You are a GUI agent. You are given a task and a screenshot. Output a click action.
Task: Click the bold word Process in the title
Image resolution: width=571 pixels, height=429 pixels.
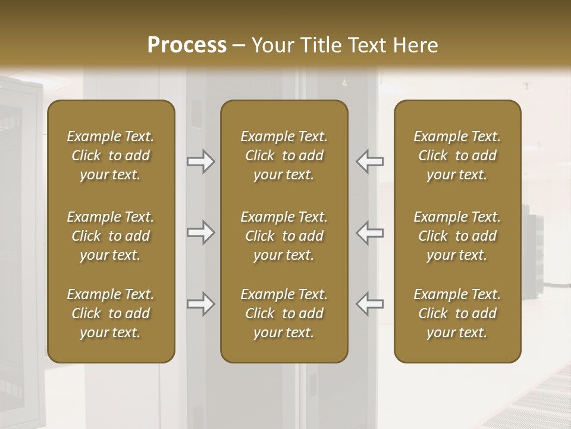point(187,45)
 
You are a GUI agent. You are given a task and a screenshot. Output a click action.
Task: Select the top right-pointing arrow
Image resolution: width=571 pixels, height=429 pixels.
point(200,161)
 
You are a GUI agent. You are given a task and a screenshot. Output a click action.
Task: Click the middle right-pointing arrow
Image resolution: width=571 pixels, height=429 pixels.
point(200,232)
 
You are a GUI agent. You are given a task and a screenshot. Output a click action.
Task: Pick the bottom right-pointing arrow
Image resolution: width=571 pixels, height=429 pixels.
point(200,304)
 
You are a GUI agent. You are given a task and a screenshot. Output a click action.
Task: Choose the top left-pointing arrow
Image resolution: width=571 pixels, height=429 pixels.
point(370,161)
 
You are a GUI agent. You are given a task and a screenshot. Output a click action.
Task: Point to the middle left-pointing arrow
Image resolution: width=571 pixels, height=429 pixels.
point(370,232)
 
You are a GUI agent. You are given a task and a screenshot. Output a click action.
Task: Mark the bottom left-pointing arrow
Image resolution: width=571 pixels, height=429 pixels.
point(370,304)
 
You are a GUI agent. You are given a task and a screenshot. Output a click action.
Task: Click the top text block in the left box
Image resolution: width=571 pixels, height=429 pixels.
point(111,156)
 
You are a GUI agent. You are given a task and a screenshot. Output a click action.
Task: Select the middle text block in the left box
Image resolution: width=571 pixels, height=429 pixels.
point(111,236)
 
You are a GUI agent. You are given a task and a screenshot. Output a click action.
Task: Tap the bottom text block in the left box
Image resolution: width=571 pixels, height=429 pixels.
point(111,313)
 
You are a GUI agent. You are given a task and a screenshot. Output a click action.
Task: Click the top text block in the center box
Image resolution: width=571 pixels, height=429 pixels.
point(284,156)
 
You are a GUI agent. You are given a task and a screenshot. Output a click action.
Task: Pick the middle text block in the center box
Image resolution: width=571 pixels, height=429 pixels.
point(284,236)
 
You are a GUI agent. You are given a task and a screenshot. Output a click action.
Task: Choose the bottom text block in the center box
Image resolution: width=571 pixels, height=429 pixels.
point(284,313)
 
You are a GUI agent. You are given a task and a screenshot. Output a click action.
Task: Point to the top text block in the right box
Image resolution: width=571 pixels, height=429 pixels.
point(457,156)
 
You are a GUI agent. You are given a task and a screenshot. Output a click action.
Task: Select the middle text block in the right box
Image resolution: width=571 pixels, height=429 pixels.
point(457,236)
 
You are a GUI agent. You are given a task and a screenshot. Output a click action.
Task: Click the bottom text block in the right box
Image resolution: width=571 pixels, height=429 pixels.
point(457,313)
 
